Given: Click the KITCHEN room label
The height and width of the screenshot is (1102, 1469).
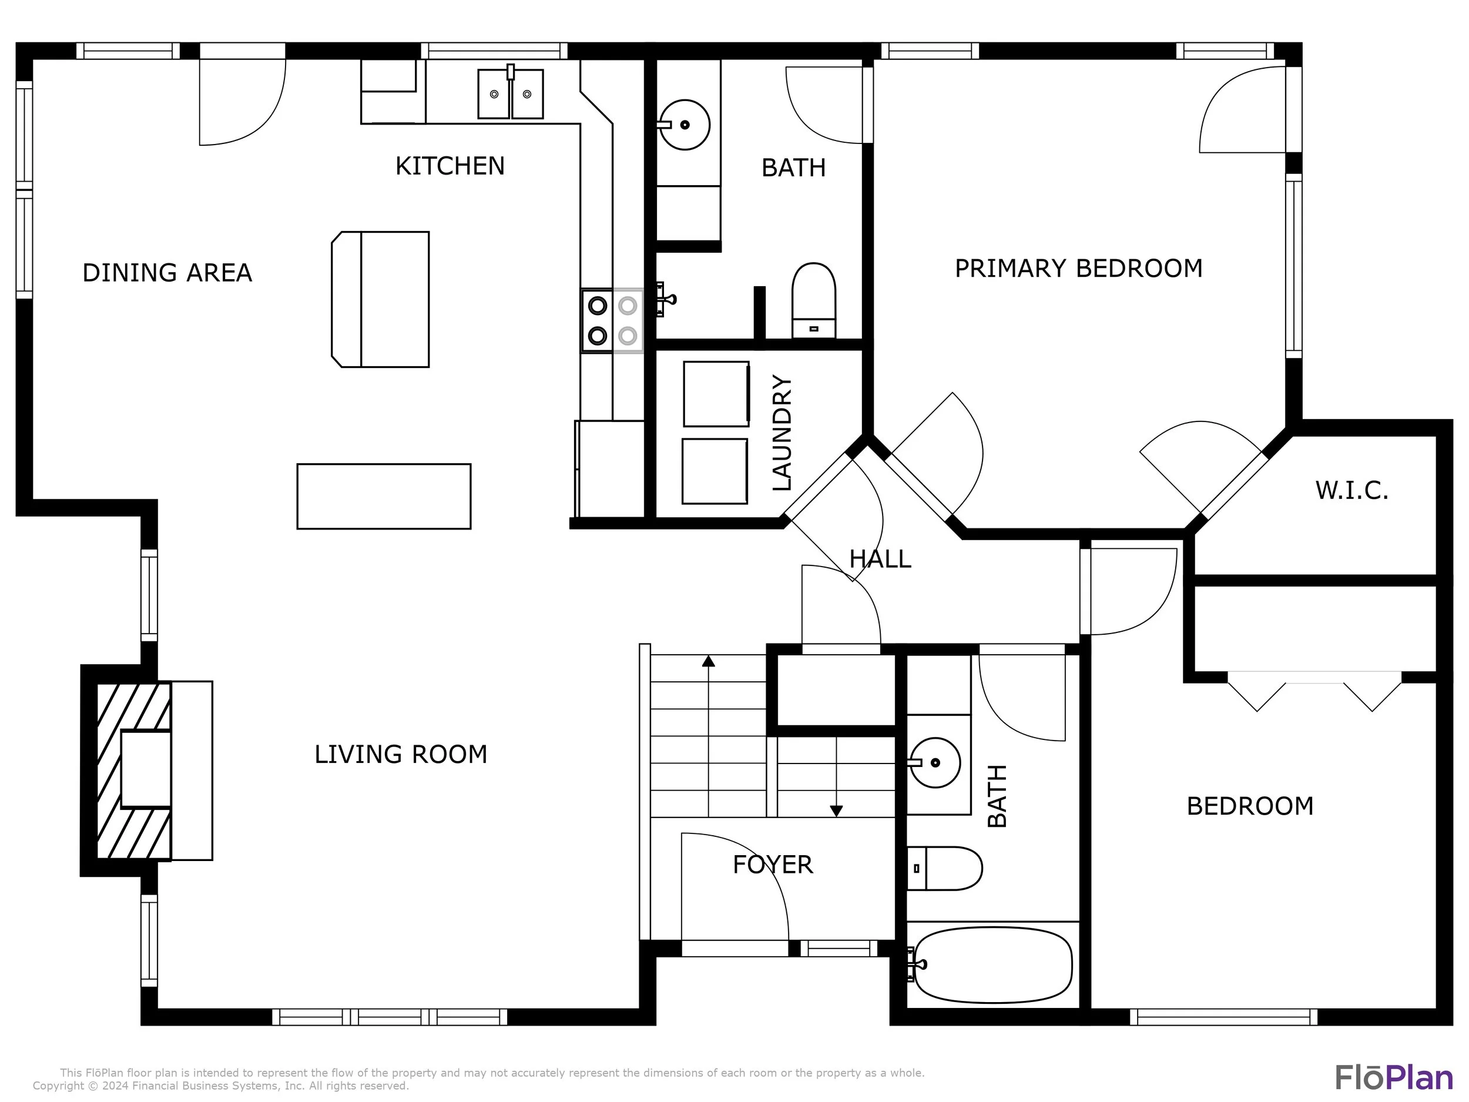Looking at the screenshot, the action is pyautogui.click(x=450, y=166).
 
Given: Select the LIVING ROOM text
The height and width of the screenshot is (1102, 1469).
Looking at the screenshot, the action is pyautogui.click(x=401, y=755).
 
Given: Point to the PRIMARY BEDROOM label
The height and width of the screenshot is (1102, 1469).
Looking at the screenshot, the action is pyautogui.click(x=1078, y=269).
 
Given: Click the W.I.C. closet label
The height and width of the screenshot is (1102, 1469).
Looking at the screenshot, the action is pyautogui.click(x=1351, y=491).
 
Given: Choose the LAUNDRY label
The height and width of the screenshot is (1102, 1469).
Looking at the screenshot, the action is pyautogui.click(x=782, y=433).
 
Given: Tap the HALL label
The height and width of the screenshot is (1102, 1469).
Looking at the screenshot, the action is pyautogui.click(x=880, y=560).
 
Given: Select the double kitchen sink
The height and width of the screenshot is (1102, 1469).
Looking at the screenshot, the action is pyautogui.click(x=511, y=93).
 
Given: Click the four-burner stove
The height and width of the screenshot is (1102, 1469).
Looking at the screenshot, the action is pyautogui.click(x=612, y=321).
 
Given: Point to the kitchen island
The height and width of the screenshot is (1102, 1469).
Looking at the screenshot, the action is pyautogui.click(x=381, y=300).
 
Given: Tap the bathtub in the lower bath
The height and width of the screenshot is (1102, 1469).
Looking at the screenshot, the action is pyautogui.click(x=993, y=965).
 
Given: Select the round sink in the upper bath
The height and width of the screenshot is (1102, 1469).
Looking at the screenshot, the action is pyautogui.click(x=685, y=125).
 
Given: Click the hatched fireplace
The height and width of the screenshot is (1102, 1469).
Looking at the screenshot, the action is pyautogui.click(x=134, y=771).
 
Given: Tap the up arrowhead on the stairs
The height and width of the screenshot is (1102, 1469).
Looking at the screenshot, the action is pyautogui.click(x=709, y=661).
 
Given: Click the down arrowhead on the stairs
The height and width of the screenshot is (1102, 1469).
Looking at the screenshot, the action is pyautogui.click(x=837, y=811).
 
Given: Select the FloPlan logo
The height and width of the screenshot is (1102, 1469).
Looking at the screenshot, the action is pyautogui.click(x=1394, y=1078).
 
